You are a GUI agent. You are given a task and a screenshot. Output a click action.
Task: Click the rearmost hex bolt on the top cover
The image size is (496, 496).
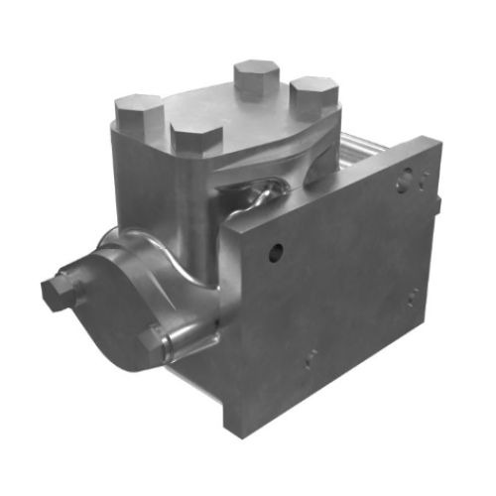click(x=255, y=77)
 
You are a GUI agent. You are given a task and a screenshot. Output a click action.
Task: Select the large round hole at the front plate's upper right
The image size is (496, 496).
click(x=404, y=182)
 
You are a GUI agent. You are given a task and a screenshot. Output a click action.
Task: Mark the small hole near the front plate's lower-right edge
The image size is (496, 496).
click(x=412, y=295)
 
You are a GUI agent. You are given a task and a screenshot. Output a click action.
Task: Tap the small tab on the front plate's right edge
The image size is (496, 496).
click(x=436, y=203)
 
